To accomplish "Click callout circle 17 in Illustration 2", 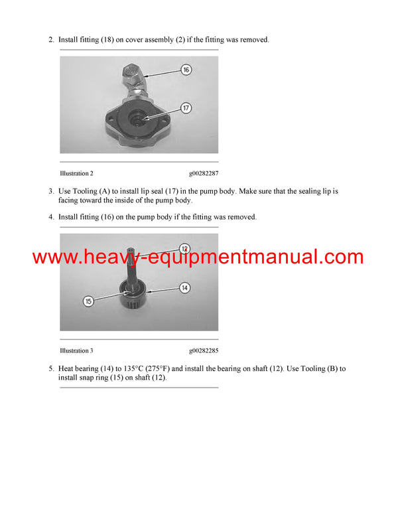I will (x=186, y=107).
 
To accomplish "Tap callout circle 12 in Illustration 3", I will (x=185, y=248).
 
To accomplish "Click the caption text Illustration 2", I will (x=76, y=173).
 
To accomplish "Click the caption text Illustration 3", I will (x=76, y=350).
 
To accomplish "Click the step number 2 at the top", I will (x=51, y=40).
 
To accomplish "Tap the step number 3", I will (x=51, y=191).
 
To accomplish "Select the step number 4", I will (x=51, y=217).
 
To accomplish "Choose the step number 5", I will (x=51, y=368).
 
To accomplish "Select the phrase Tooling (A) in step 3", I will (x=89, y=191).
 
